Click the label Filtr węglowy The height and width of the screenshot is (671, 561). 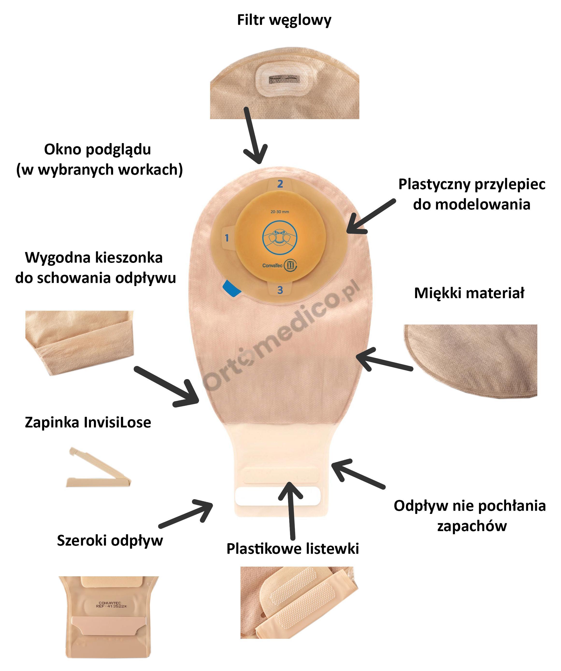click(x=284, y=20)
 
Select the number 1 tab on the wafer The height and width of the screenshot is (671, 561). click(x=227, y=238)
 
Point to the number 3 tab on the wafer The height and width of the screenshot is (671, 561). click(x=280, y=290)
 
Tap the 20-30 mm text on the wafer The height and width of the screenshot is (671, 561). click(x=280, y=211)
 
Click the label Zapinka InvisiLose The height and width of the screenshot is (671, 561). click(x=88, y=422)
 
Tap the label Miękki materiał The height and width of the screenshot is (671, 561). click(x=469, y=293)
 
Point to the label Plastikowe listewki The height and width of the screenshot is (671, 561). click(x=292, y=549)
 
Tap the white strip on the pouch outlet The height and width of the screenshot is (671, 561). click(x=277, y=496)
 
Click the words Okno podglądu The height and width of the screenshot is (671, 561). click(x=97, y=149)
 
